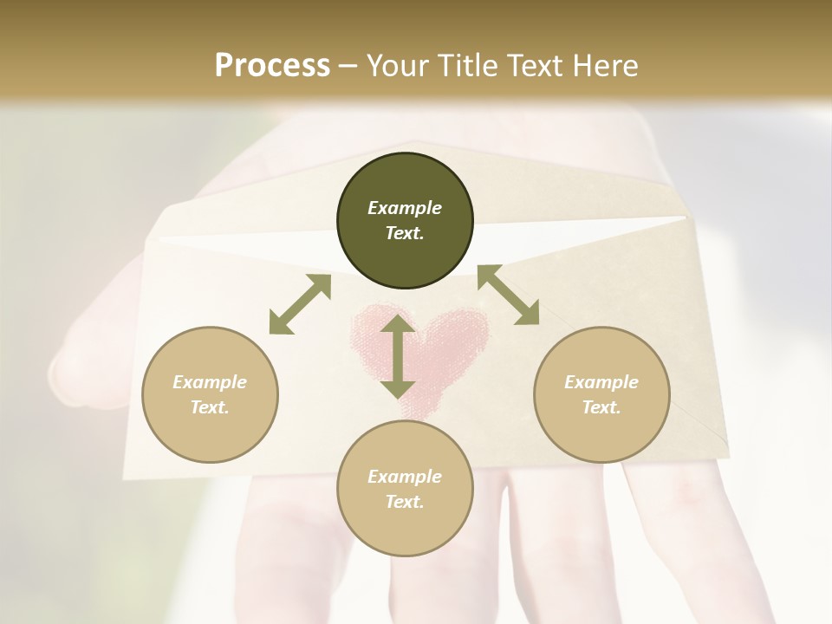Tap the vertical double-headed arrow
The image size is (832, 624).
pyautogui.click(x=398, y=357)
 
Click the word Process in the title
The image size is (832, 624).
pyautogui.click(x=272, y=65)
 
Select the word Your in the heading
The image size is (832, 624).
pyautogui.click(x=394, y=65)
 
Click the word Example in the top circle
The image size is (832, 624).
pyautogui.click(x=405, y=208)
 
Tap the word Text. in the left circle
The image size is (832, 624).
pyautogui.click(x=210, y=407)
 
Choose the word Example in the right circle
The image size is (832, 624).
pyautogui.click(x=601, y=382)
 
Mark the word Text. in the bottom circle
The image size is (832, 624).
pyautogui.click(x=405, y=502)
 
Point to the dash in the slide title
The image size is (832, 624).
pyautogui.click(x=348, y=66)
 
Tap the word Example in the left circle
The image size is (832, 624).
pyautogui.click(x=210, y=382)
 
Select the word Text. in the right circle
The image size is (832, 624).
pyautogui.click(x=601, y=407)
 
